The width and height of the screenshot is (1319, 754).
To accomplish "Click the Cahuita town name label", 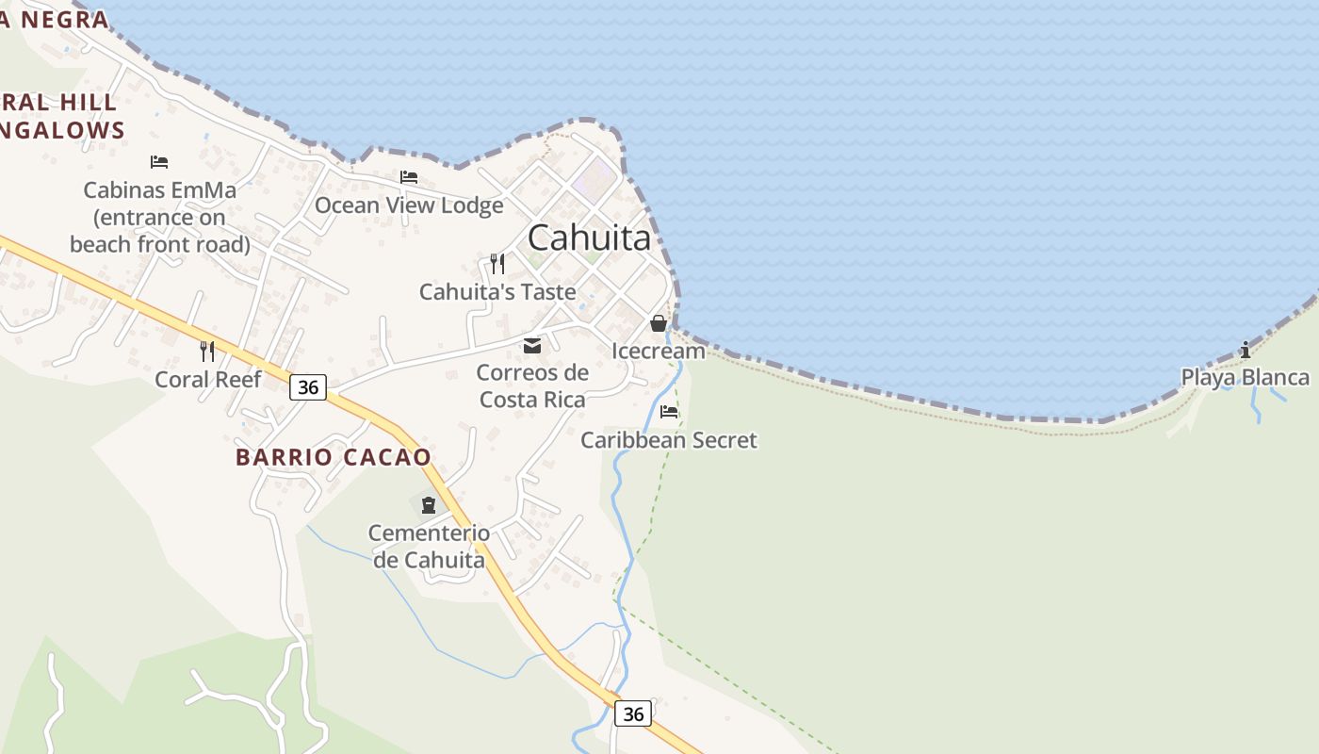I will pos(589,238).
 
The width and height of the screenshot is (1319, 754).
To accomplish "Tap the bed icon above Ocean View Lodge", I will pos(408,176).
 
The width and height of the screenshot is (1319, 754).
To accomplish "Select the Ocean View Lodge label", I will pos(409,205).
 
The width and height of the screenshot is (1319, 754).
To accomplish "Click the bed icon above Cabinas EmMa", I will pos(159,162).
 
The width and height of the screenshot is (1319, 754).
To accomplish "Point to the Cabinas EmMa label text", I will pos(160,217).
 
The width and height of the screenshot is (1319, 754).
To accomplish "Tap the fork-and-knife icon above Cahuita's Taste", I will pos(497,263).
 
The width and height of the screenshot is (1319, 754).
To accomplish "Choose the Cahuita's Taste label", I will pos(497,291).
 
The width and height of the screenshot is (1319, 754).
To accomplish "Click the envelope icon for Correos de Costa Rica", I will pos(532,346).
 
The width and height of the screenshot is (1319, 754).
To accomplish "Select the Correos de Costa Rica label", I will pos(532,385).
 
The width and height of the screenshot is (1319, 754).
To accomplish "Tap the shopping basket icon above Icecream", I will pos(659,323).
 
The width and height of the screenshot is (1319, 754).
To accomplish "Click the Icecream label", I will pos(659,351).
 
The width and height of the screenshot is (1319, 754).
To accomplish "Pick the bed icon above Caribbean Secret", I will pos(669,411).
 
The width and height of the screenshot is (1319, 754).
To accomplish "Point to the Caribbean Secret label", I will pos(669,439).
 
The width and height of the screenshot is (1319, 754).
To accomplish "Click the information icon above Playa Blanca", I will pos(1246,350).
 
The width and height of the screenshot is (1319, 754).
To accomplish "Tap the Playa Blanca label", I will pos(1246,377).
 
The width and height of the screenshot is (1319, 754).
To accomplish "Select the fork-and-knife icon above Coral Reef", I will pos(207,352).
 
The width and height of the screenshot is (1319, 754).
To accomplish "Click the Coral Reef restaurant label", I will pos(207,379).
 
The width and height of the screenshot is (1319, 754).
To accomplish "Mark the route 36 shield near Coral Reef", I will pos(307,386).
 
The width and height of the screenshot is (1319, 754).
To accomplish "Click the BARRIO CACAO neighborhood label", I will pos(333,457).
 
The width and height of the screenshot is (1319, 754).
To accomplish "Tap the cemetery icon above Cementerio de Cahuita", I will pos(429,505).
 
